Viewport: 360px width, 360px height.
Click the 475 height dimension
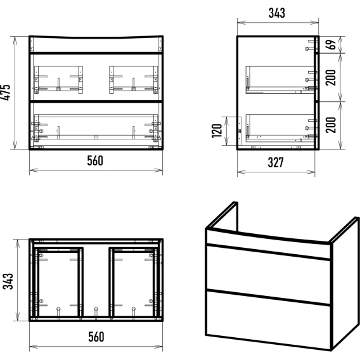point(6,93)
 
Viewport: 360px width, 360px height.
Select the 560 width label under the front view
point(95,160)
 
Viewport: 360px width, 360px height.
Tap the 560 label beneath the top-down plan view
point(96,337)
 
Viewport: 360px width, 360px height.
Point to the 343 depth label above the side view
point(277,13)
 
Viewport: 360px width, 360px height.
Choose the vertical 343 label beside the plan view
point(8,281)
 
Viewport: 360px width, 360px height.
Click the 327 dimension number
point(276,162)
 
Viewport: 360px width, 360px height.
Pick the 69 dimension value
point(331,44)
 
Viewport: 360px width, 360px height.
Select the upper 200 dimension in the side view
point(331,77)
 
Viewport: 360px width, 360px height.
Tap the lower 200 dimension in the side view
point(331,125)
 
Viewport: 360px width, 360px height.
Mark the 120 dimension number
point(217,131)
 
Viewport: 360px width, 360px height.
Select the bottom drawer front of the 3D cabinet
point(268,319)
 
